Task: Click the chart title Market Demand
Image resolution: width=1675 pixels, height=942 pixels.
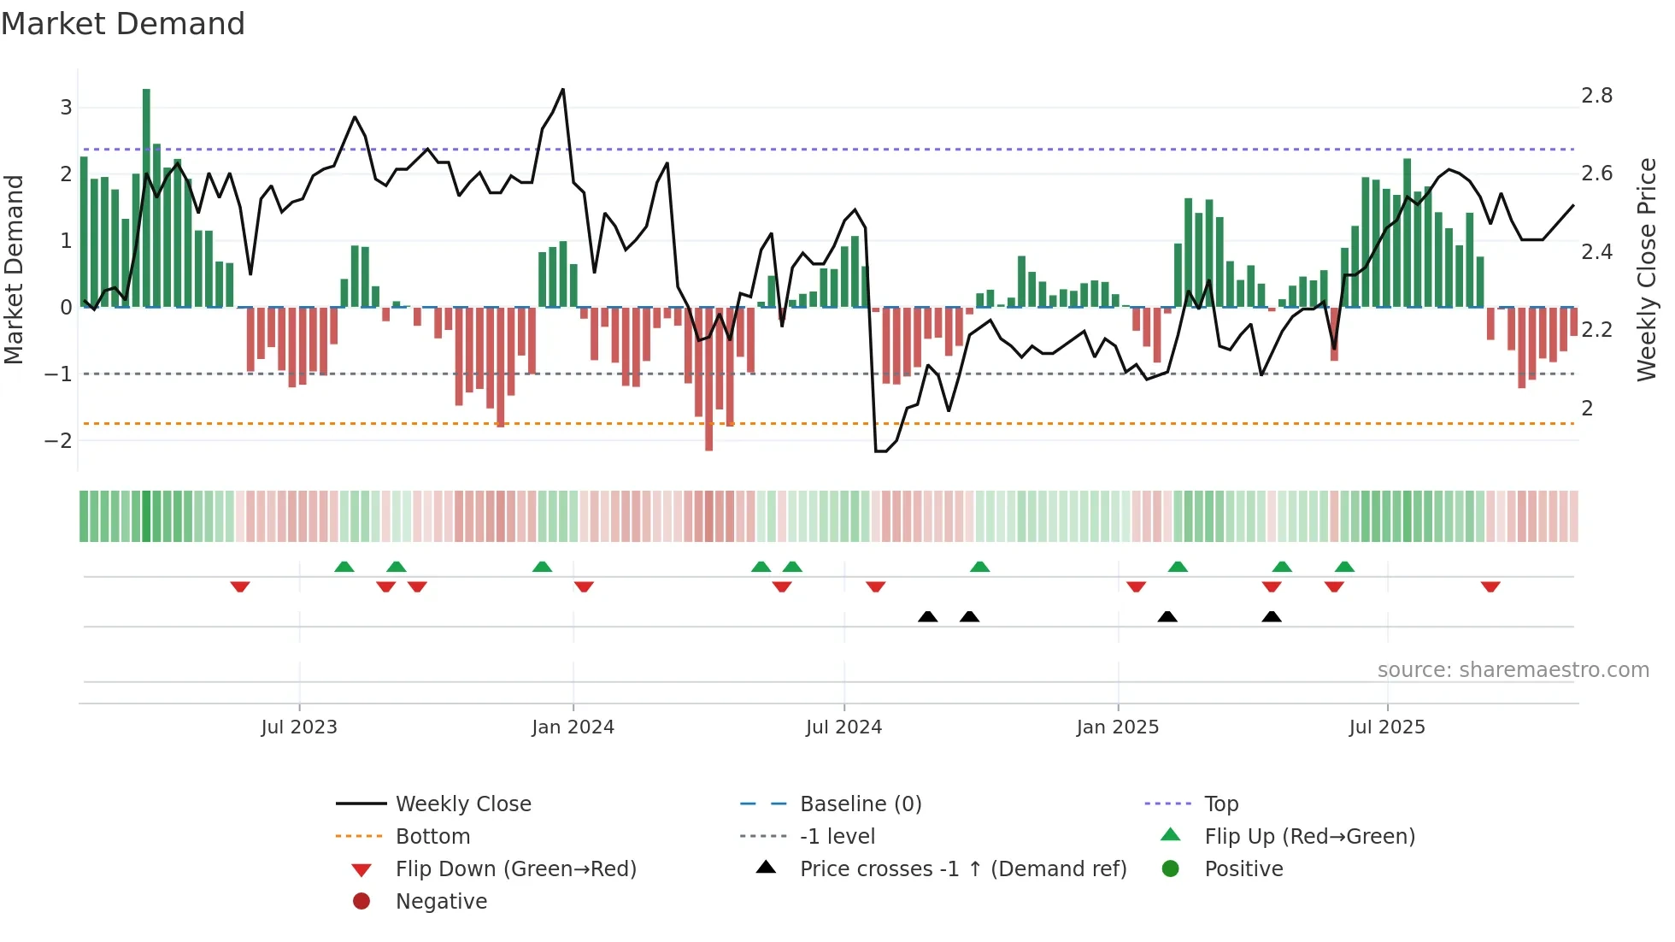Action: [123, 23]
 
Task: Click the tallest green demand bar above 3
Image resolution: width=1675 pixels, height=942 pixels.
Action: [146, 197]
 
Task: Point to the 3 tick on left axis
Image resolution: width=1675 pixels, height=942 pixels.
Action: [66, 108]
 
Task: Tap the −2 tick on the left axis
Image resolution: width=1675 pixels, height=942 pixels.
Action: [58, 441]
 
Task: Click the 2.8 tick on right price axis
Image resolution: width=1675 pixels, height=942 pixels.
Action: [1596, 96]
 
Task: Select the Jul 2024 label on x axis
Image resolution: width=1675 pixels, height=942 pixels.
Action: [843, 727]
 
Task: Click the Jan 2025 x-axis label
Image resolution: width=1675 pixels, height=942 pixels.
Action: [1117, 727]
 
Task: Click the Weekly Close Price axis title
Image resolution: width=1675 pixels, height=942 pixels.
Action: [1646, 269]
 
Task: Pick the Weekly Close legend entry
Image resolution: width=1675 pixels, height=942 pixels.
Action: [462, 804]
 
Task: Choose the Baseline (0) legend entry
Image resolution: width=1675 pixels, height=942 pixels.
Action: [860, 804]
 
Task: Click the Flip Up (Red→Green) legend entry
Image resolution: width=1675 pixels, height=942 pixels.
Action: [1309, 837]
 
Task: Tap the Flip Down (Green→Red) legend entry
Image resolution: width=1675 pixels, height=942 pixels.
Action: [515, 869]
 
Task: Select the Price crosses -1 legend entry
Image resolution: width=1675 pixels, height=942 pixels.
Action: [962, 869]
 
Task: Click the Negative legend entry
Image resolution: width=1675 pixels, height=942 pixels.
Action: [441, 902]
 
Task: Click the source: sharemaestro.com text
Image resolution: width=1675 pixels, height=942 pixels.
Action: [1513, 670]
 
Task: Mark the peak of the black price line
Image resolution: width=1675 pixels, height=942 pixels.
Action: [562, 89]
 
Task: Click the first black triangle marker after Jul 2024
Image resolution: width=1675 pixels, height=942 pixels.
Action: [927, 616]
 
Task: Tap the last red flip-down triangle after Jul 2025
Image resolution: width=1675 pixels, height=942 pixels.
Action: [1490, 586]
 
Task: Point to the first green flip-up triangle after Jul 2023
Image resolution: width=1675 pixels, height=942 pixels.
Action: [344, 567]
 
